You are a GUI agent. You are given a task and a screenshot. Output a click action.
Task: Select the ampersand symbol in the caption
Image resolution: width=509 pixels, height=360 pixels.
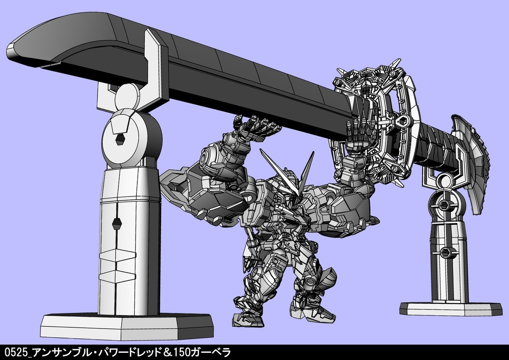click(x=168, y=352)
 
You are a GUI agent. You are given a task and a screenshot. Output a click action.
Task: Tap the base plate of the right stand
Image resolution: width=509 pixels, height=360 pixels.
click(x=451, y=309)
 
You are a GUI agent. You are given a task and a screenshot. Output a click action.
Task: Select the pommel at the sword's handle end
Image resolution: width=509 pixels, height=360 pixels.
click(x=470, y=163)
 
